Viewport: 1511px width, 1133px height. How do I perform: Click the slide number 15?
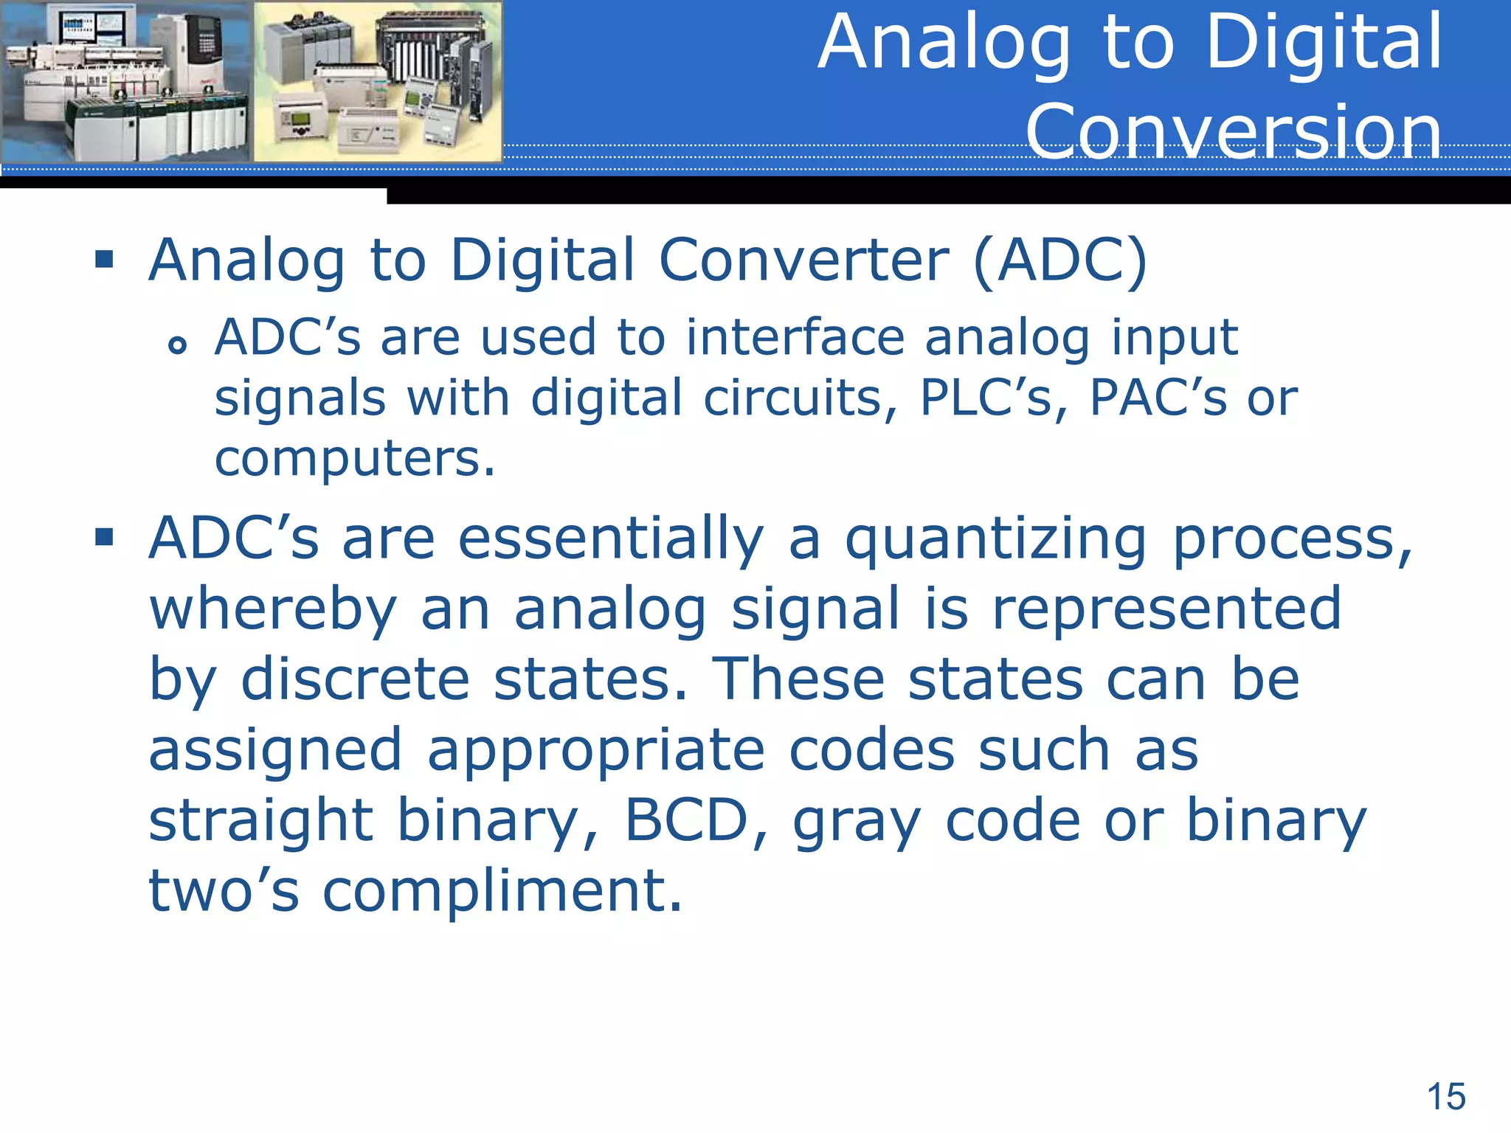[x=1446, y=1096]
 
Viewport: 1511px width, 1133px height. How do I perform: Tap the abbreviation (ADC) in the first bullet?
[x=1060, y=260]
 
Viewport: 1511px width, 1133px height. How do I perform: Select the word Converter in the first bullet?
[x=804, y=260]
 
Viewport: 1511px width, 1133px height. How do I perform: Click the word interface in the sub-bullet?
[x=795, y=337]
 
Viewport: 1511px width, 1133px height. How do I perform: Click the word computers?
[x=354, y=460]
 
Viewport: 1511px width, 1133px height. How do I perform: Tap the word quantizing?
[x=996, y=540]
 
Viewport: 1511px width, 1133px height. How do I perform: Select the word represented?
[x=1166, y=609]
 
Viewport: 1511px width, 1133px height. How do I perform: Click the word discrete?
[x=356, y=679]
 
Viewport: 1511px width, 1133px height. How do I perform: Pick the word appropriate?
[x=596, y=751]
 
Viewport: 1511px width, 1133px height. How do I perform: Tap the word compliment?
[x=502, y=890]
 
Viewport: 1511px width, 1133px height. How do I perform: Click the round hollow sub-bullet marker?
[x=177, y=344]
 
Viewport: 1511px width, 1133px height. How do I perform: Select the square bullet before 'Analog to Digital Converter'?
[x=104, y=259]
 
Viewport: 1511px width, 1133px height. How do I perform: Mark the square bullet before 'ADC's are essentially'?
[x=104, y=537]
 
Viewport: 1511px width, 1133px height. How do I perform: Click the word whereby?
[x=273, y=611]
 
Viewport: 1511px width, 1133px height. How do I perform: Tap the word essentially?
[x=610, y=540]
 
